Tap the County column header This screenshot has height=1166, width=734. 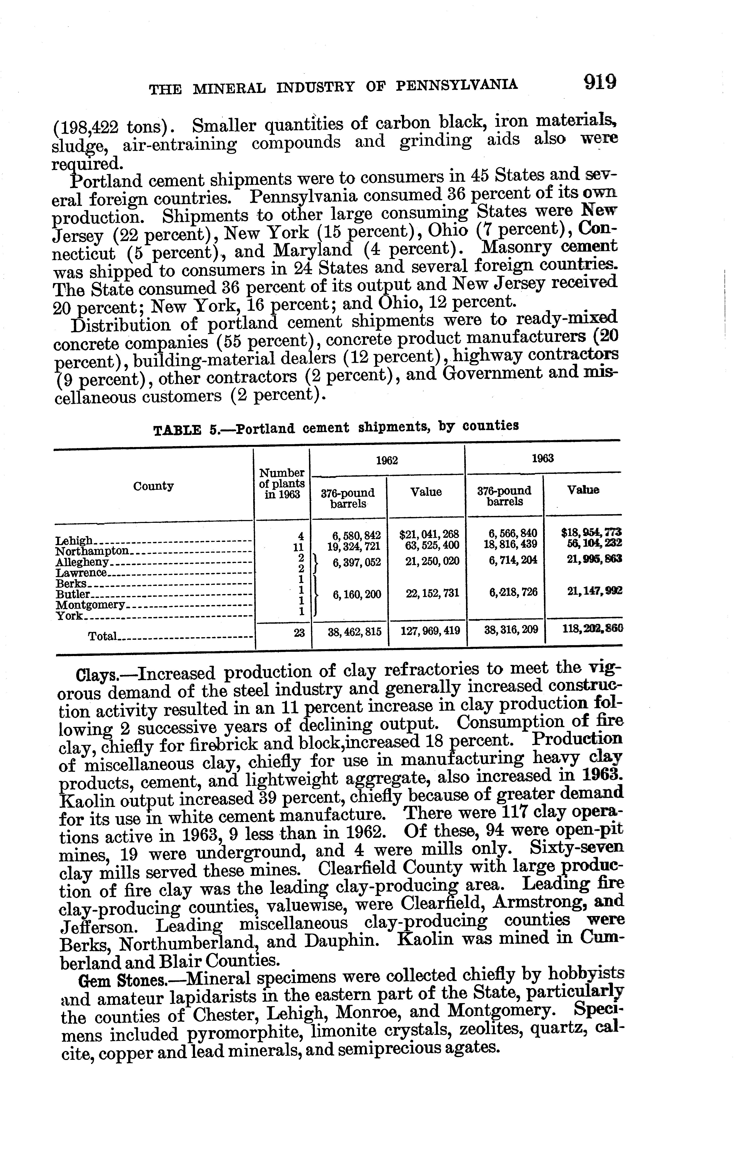coord(154,486)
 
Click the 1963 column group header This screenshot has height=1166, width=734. coord(543,459)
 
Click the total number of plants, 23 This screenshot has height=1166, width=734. coord(299,631)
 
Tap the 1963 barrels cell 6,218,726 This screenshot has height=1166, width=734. coord(513,592)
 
